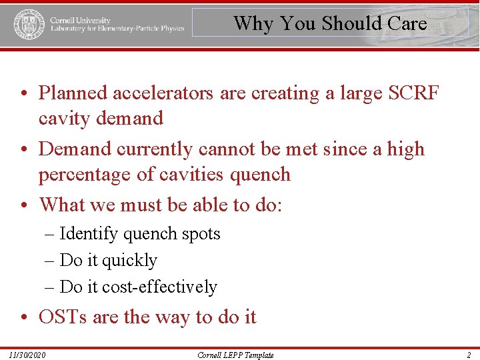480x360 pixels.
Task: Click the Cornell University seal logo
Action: pos(29,24)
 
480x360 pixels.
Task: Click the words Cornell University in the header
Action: pos(80,20)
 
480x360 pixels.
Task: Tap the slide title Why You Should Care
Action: pos(330,23)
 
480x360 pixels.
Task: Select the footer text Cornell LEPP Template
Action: pos(235,355)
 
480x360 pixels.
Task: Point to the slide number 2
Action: pos(469,355)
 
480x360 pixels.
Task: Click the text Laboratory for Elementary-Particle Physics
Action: pos(117,29)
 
